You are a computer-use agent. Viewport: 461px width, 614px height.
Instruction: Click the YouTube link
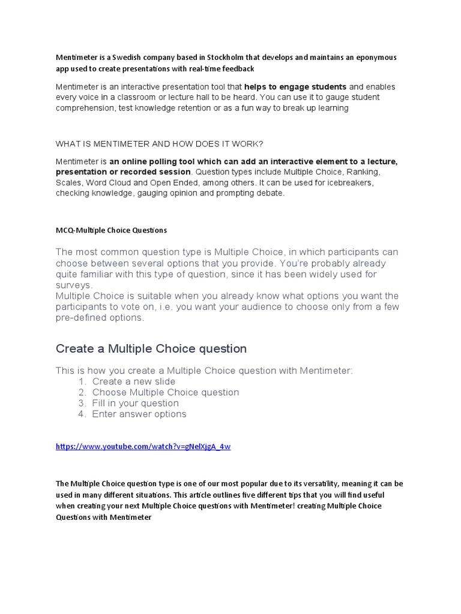[143, 447]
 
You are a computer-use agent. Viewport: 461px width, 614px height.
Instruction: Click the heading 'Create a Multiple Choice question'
[151, 349]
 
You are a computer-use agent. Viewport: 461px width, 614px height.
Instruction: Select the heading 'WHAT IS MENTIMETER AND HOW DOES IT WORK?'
[159, 144]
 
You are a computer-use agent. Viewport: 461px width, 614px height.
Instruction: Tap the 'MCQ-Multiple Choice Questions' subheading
[111, 230]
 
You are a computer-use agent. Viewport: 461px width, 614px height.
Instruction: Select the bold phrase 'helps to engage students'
[295, 87]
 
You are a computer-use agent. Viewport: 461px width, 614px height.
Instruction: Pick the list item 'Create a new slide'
[134, 382]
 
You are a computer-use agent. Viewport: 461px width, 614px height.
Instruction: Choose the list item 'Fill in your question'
[135, 404]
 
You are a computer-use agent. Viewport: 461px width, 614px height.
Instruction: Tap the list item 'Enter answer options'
[139, 414]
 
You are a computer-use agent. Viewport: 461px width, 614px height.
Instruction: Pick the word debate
[271, 194]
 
